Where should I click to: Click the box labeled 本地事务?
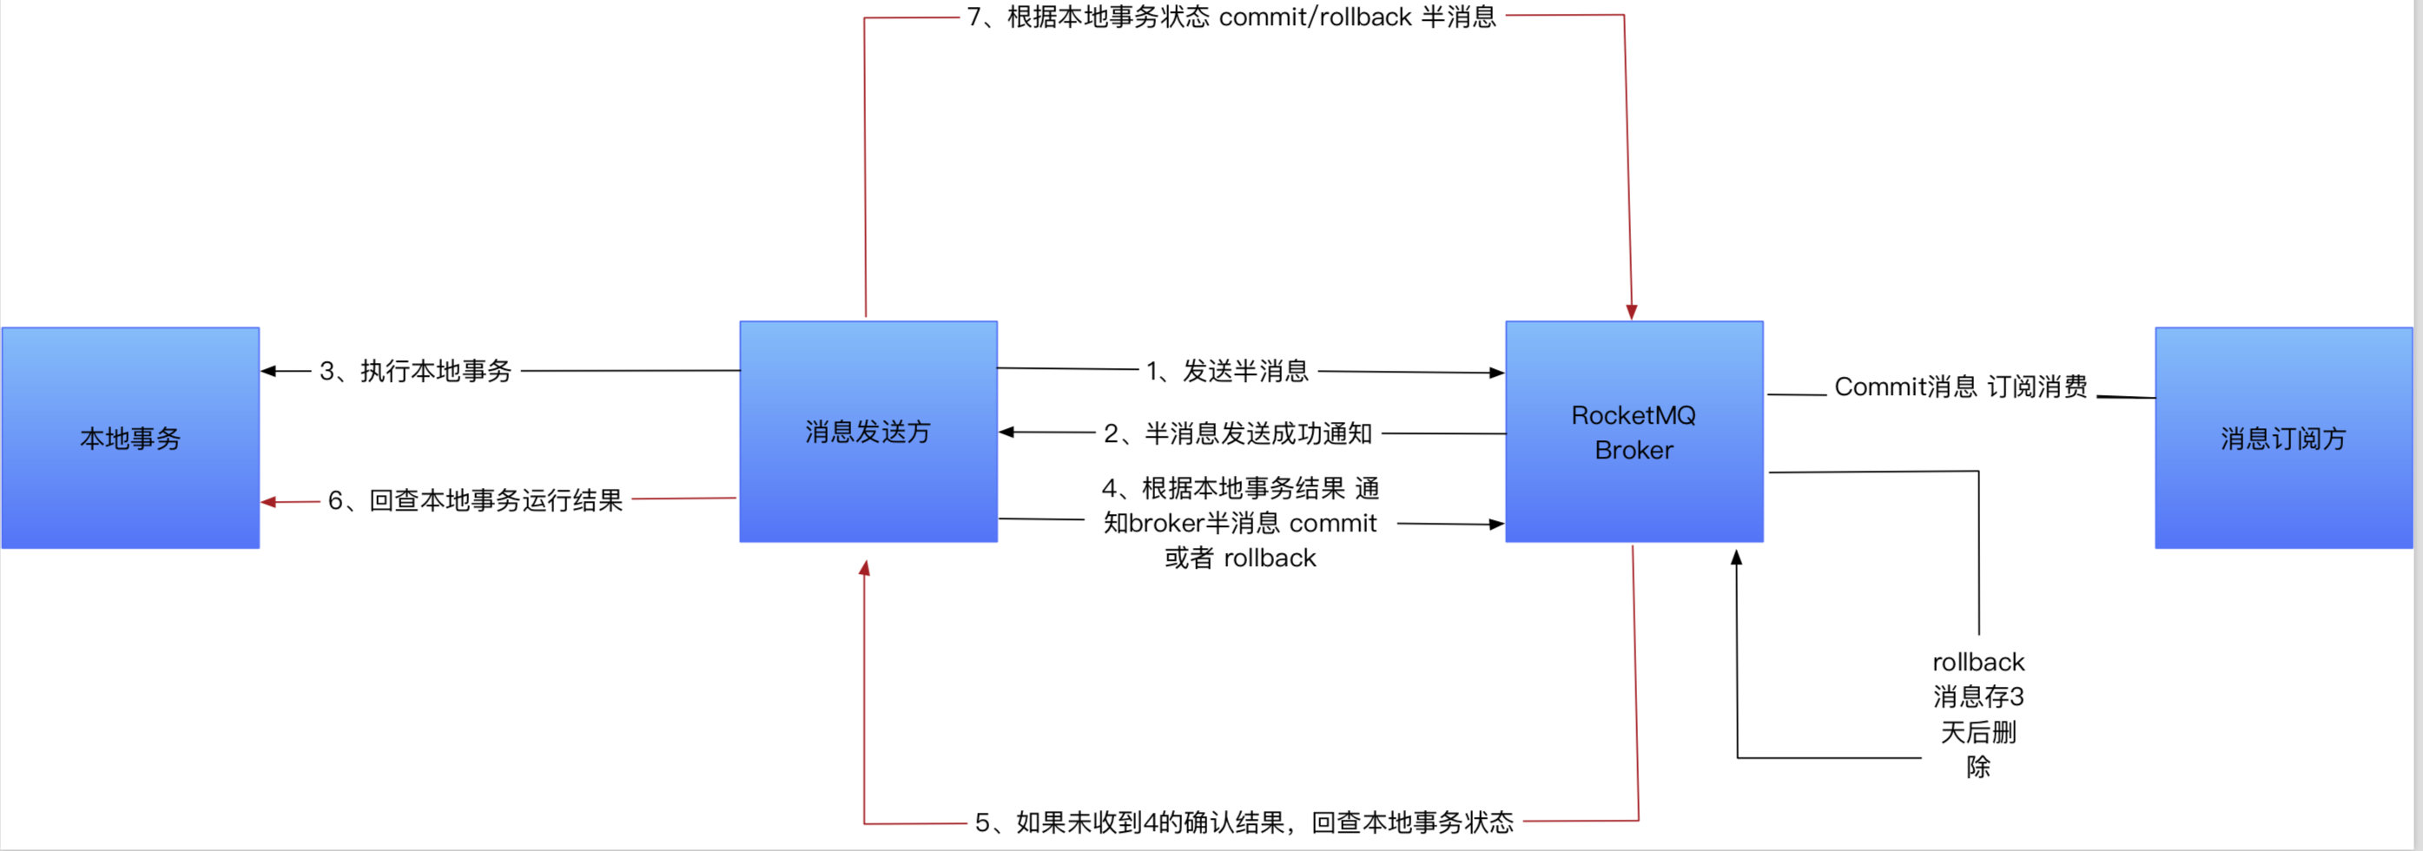(129, 438)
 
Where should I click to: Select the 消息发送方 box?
(868, 432)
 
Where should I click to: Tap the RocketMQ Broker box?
(1634, 432)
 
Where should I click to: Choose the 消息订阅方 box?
(2283, 438)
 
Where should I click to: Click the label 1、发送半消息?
(1226, 371)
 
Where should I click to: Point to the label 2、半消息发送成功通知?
(1238, 432)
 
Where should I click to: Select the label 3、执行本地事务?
(415, 371)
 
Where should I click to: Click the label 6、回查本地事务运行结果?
(475, 499)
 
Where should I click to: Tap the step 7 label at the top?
(1231, 16)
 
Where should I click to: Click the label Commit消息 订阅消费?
(1960, 386)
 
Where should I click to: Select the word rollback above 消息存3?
(1978, 661)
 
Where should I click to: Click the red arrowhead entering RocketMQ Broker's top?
(1632, 313)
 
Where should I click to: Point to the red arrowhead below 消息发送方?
(864, 568)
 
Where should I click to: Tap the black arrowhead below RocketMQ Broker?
(1736, 557)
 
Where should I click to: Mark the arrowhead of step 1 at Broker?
(1496, 373)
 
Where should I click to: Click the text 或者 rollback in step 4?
(1239, 557)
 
